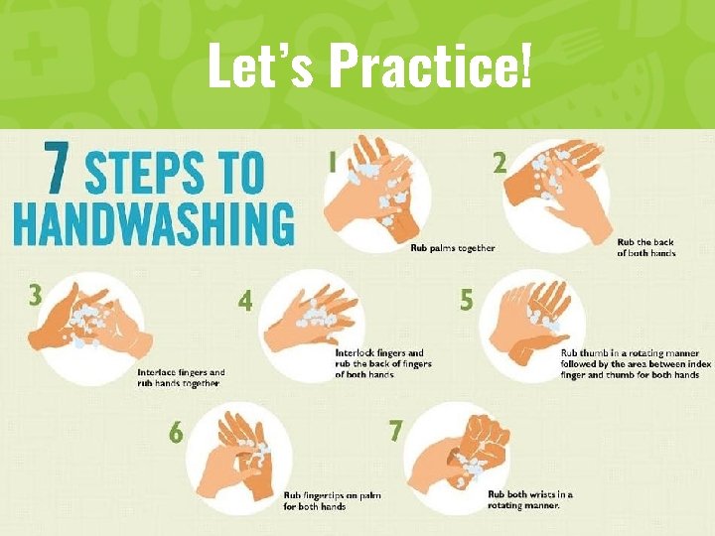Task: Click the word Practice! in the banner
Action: (x=430, y=65)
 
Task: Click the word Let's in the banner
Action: (x=260, y=65)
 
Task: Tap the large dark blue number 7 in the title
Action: (x=58, y=168)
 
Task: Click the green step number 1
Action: (x=333, y=162)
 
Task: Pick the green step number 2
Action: (x=500, y=162)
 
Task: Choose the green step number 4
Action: (x=245, y=301)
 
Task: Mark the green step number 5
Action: (x=467, y=300)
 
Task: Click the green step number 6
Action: (x=176, y=431)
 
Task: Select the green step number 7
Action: (x=396, y=430)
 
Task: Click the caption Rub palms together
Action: (x=453, y=248)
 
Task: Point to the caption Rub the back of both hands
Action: (x=646, y=247)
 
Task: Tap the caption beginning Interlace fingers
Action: (x=181, y=378)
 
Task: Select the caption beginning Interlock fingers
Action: (x=383, y=363)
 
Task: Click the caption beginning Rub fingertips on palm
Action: (x=332, y=501)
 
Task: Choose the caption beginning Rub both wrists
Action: (x=530, y=500)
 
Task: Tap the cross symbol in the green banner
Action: (x=36, y=54)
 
